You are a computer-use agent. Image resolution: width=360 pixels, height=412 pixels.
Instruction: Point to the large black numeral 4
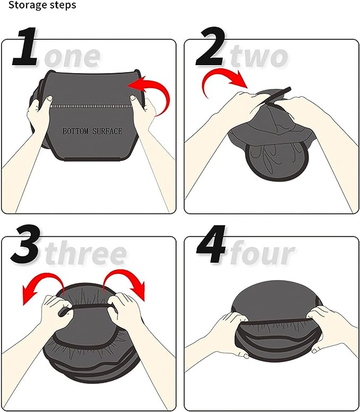pyautogui.click(x=210, y=245)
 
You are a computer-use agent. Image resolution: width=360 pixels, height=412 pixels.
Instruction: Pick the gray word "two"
pyautogui.click(x=259, y=55)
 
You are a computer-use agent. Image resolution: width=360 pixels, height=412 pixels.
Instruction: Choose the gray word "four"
pyautogui.click(x=261, y=253)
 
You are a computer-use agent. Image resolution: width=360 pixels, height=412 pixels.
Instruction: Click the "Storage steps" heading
pyautogui.click(x=39, y=5)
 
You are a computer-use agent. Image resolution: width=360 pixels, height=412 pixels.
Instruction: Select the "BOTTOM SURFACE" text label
pyautogui.click(x=92, y=131)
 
